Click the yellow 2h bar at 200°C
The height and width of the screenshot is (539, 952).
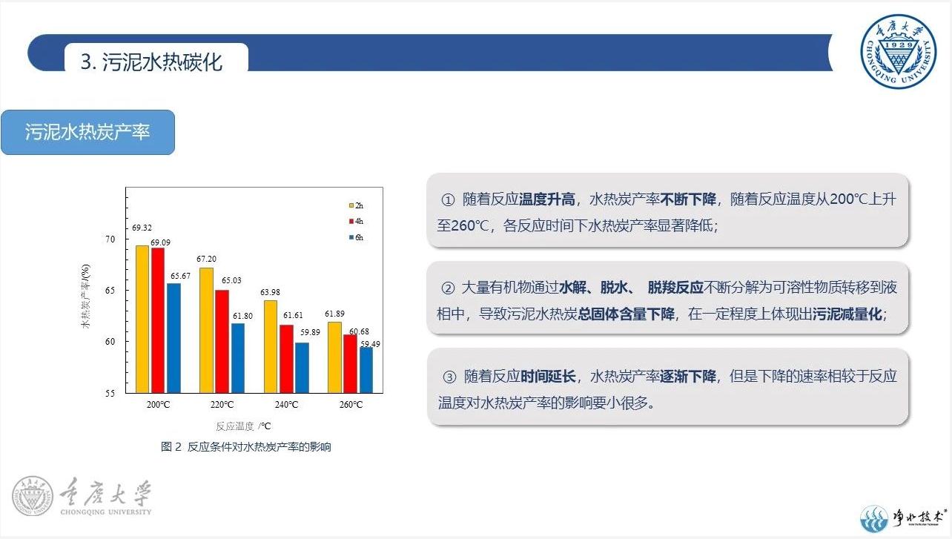142,320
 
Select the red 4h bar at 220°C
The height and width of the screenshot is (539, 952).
222,341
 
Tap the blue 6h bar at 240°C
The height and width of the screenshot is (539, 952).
302,368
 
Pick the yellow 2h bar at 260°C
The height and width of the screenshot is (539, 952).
334,357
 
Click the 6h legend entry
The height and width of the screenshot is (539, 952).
356,237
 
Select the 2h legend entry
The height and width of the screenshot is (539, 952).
356,205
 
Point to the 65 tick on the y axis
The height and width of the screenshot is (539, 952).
110,291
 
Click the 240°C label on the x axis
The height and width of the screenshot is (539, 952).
286,404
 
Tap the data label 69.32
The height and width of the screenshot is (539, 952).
142,228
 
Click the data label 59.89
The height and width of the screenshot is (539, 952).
310,332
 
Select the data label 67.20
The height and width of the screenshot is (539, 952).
207,259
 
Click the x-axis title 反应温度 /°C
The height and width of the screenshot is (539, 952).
243,426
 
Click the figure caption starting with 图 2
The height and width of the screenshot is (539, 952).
245,447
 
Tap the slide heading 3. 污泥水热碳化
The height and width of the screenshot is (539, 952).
151,62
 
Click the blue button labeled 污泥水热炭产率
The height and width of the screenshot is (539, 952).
88,132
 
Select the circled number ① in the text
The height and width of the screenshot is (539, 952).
448,199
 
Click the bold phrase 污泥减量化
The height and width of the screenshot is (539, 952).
847,314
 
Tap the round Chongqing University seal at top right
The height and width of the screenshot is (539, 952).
898,51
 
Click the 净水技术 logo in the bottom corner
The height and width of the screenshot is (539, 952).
903,518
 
